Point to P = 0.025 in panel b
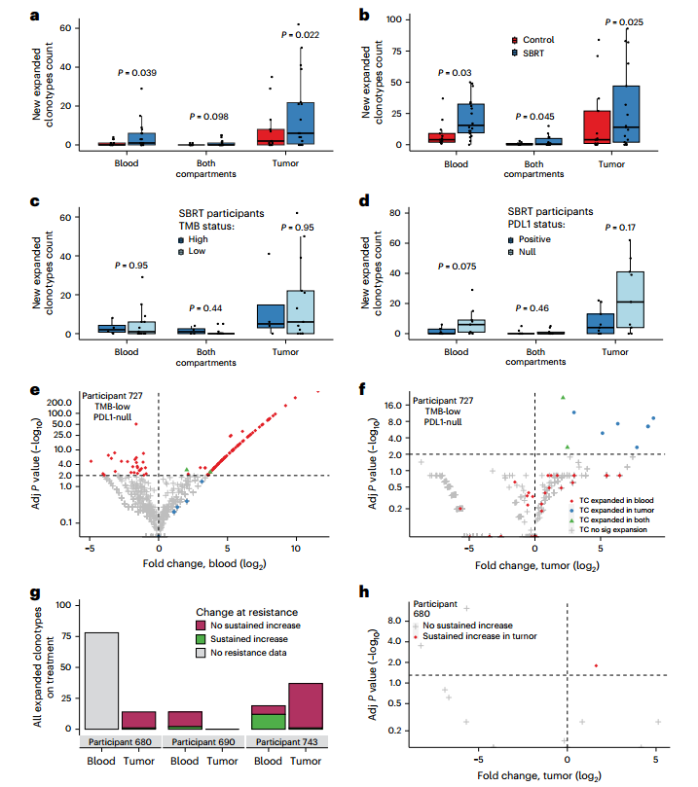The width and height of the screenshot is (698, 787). pos(640,21)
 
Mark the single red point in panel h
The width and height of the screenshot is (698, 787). pos(596,665)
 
